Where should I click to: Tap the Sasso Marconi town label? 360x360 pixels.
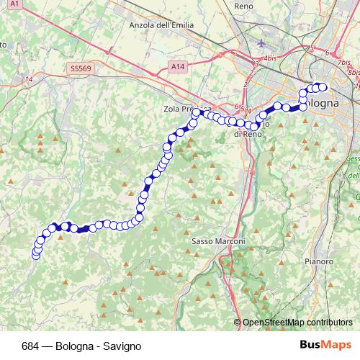click(x=219, y=241)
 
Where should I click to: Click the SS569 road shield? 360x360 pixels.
click(x=81, y=68)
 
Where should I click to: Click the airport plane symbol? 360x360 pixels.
click(x=261, y=42)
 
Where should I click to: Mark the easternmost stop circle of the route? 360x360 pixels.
click(x=323, y=87)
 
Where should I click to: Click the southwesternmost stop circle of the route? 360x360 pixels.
click(x=37, y=253)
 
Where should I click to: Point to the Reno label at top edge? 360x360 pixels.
click(x=244, y=5)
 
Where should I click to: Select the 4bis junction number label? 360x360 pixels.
click(x=271, y=57)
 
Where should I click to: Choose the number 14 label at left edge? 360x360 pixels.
click(x=29, y=79)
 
